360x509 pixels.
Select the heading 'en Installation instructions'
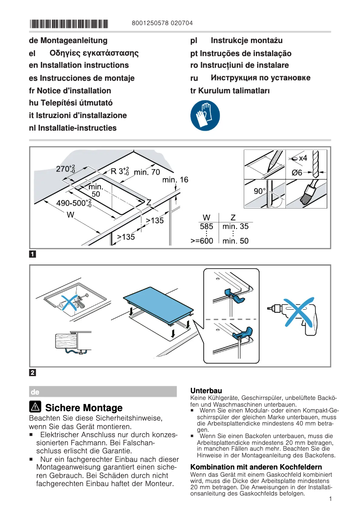click(79, 65)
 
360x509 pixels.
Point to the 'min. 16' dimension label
click(176, 180)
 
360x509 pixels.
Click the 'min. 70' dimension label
click(147, 172)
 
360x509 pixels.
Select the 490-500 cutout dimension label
click(74, 203)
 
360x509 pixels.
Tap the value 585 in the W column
click(206, 227)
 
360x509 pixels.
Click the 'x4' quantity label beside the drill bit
click(303, 158)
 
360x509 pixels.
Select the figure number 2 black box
click(33, 373)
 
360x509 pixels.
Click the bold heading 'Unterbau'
click(206, 391)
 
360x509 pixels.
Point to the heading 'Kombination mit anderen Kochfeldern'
click(256, 467)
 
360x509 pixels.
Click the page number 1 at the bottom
click(330, 499)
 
